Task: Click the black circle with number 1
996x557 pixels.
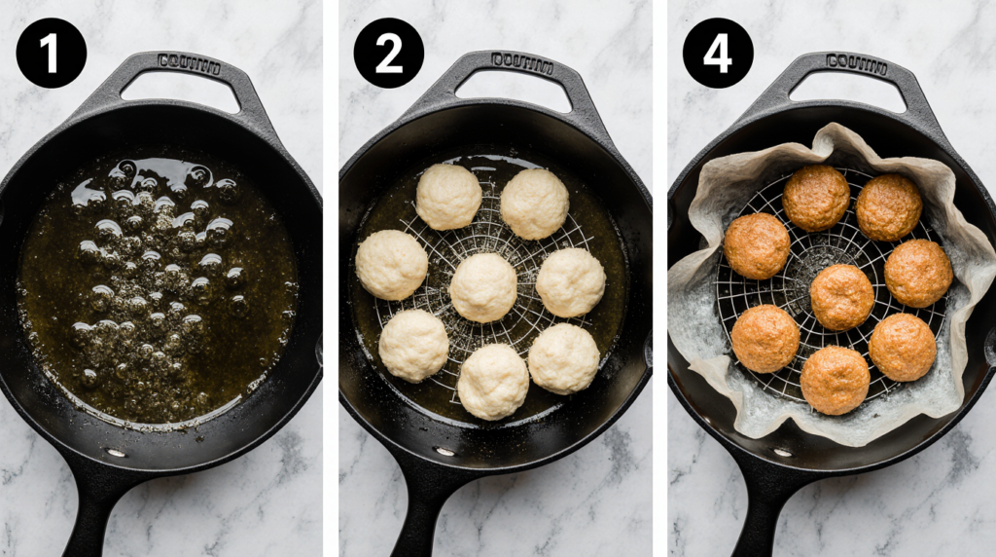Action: (51, 53)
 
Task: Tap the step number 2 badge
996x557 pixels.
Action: (388, 53)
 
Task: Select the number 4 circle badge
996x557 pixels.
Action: (718, 53)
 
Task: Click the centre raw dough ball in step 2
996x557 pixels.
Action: (483, 287)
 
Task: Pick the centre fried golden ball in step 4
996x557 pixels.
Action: (841, 296)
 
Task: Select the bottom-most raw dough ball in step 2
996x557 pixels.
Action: (493, 381)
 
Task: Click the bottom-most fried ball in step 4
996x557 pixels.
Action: (835, 380)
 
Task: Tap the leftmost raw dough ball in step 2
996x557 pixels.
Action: (391, 265)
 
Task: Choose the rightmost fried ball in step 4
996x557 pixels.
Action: (918, 273)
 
